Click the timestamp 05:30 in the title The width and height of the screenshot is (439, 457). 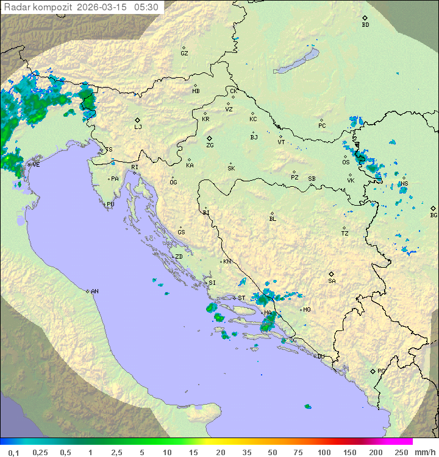pyautogui.click(x=146, y=7)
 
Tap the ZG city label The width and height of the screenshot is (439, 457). pyautogui.click(x=210, y=145)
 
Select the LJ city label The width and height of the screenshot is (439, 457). pyautogui.click(x=138, y=127)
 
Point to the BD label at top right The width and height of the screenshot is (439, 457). pyautogui.click(x=365, y=25)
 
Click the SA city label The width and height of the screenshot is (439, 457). pyautogui.click(x=332, y=281)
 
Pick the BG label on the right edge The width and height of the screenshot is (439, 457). pyautogui.click(x=434, y=215)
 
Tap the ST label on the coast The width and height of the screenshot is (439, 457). pyautogui.click(x=241, y=298)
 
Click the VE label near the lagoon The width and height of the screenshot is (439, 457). pyautogui.click(x=36, y=165)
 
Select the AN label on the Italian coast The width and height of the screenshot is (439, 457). pyautogui.click(x=95, y=291)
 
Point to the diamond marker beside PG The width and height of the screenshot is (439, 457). pyautogui.click(x=373, y=371)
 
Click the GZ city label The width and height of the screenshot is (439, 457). pyautogui.click(x=184, y=53)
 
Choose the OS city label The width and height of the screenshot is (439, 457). pyautogui.click(x=346, y=162)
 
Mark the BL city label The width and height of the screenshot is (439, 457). pyautogui.click(x=273, y=218)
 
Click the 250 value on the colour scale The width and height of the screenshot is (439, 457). pyautogui.click(x=401, y=452)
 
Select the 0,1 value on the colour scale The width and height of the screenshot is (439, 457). pyautogui.click(x=13, y=452)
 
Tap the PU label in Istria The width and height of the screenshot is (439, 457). pyautogui.click(x=110, y=204)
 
